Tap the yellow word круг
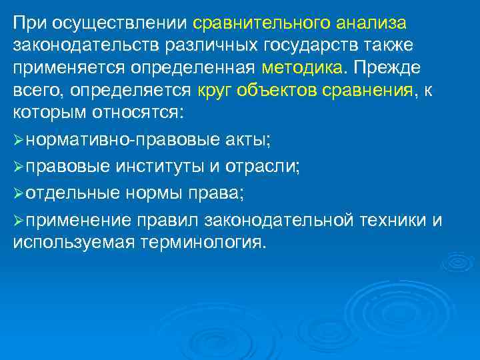coord(214,91)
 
